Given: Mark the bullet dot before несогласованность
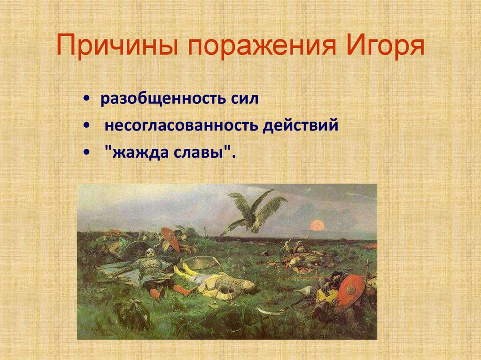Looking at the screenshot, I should [87, 127].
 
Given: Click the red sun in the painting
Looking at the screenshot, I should [318, 226].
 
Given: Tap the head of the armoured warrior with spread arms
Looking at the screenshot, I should [150, 253].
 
